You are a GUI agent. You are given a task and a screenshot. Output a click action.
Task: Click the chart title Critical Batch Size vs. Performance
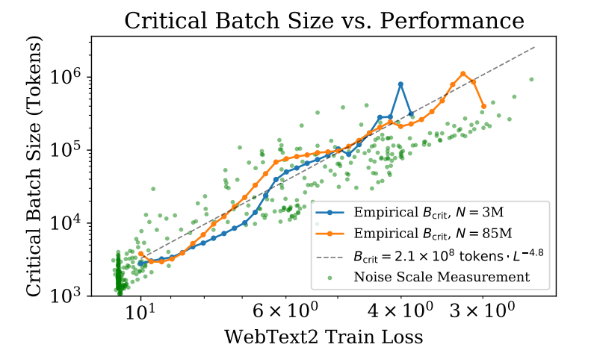coord(324,19)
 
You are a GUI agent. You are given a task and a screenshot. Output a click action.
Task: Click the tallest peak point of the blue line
coord(401,84)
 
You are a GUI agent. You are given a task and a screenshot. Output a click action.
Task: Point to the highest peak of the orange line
coord(464,73)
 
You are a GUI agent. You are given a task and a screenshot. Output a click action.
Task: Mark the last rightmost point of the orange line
coord(484,106)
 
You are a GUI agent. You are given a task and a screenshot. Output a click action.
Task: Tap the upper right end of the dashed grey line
coord(536,46)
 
